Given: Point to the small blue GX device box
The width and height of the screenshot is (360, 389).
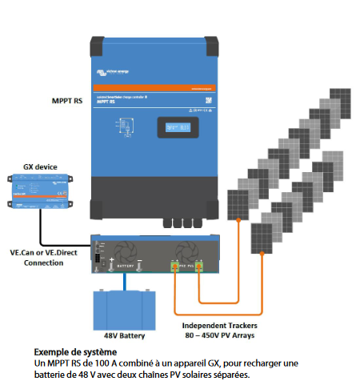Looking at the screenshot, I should [39, 193].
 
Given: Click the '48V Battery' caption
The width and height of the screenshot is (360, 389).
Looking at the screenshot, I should [124, 336].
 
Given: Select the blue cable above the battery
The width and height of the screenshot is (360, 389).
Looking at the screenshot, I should [124, 282].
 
